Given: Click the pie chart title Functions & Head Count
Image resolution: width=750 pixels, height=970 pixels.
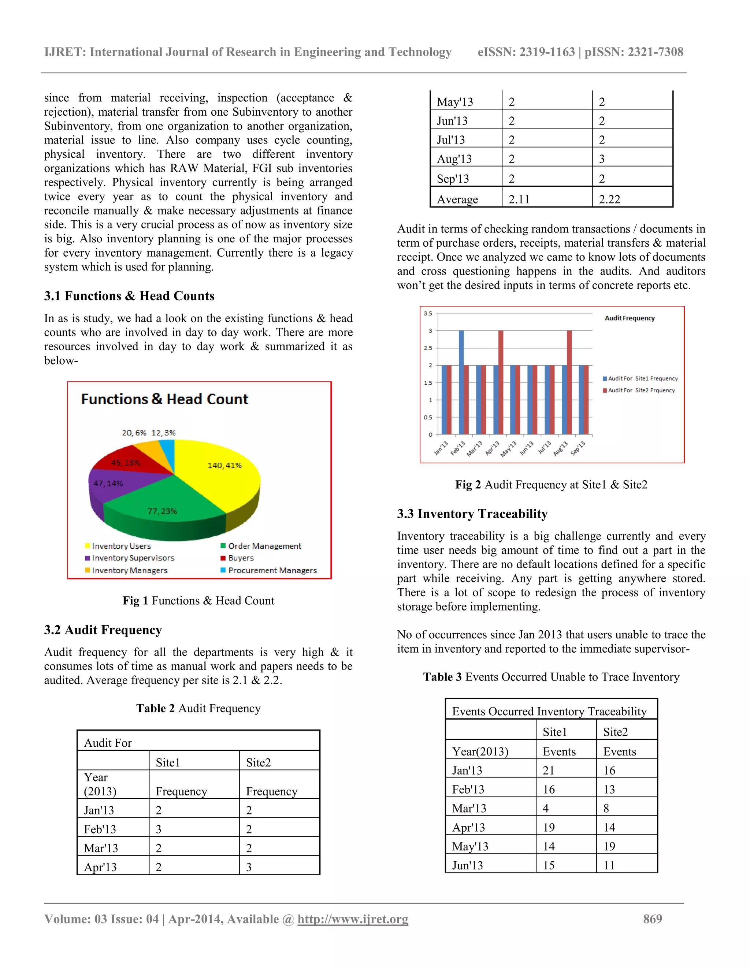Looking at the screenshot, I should coord(164,399).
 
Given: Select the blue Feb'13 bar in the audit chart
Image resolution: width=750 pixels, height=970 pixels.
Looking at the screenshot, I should coord(461,382).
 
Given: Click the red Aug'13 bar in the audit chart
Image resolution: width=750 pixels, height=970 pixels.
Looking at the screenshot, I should coord(569,382).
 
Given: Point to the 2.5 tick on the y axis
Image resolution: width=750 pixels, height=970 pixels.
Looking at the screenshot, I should coord(427,348).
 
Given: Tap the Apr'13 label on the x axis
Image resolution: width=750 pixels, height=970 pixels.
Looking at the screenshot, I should coord(492,449).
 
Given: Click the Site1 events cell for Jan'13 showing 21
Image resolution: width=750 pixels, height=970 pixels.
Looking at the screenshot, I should coord(548,771).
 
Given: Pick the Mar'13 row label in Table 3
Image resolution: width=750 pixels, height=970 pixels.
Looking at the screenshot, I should coord(469,808).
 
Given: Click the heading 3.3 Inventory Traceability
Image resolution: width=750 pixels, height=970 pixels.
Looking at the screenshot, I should coord(472,514).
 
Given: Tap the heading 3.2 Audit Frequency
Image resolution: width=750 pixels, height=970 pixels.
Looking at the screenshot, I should coord(103,630).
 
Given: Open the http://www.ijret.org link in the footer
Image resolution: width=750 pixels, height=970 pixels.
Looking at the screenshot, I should coord(352,919).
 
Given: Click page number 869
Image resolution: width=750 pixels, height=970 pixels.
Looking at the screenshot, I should coord(652,919).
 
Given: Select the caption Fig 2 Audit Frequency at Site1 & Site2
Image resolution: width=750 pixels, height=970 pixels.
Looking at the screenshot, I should coord(551,485).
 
